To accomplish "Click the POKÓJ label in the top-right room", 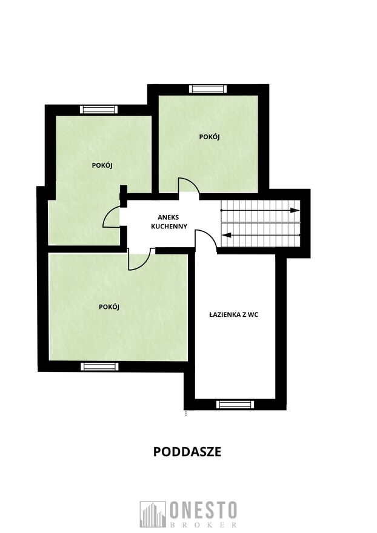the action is coord(209,137).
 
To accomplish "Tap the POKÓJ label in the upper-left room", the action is coord(102,165).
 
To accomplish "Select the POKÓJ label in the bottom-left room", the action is coord(109,306).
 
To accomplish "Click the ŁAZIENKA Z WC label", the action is coord(233,314).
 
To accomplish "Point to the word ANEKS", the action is coord(168,217).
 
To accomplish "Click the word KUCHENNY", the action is coord(169,227).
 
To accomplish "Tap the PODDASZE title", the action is coord(187,451).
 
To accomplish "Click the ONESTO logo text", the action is coord(203,510).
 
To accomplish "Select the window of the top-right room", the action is coord(207,89).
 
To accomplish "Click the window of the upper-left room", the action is coord(99,110).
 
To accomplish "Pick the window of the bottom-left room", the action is coord(99,366).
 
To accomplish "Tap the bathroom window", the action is coord(235,404).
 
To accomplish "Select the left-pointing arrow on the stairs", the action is coord(260,234).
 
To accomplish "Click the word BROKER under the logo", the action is coord(203,525).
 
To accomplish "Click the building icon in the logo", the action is coord(152,514).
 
